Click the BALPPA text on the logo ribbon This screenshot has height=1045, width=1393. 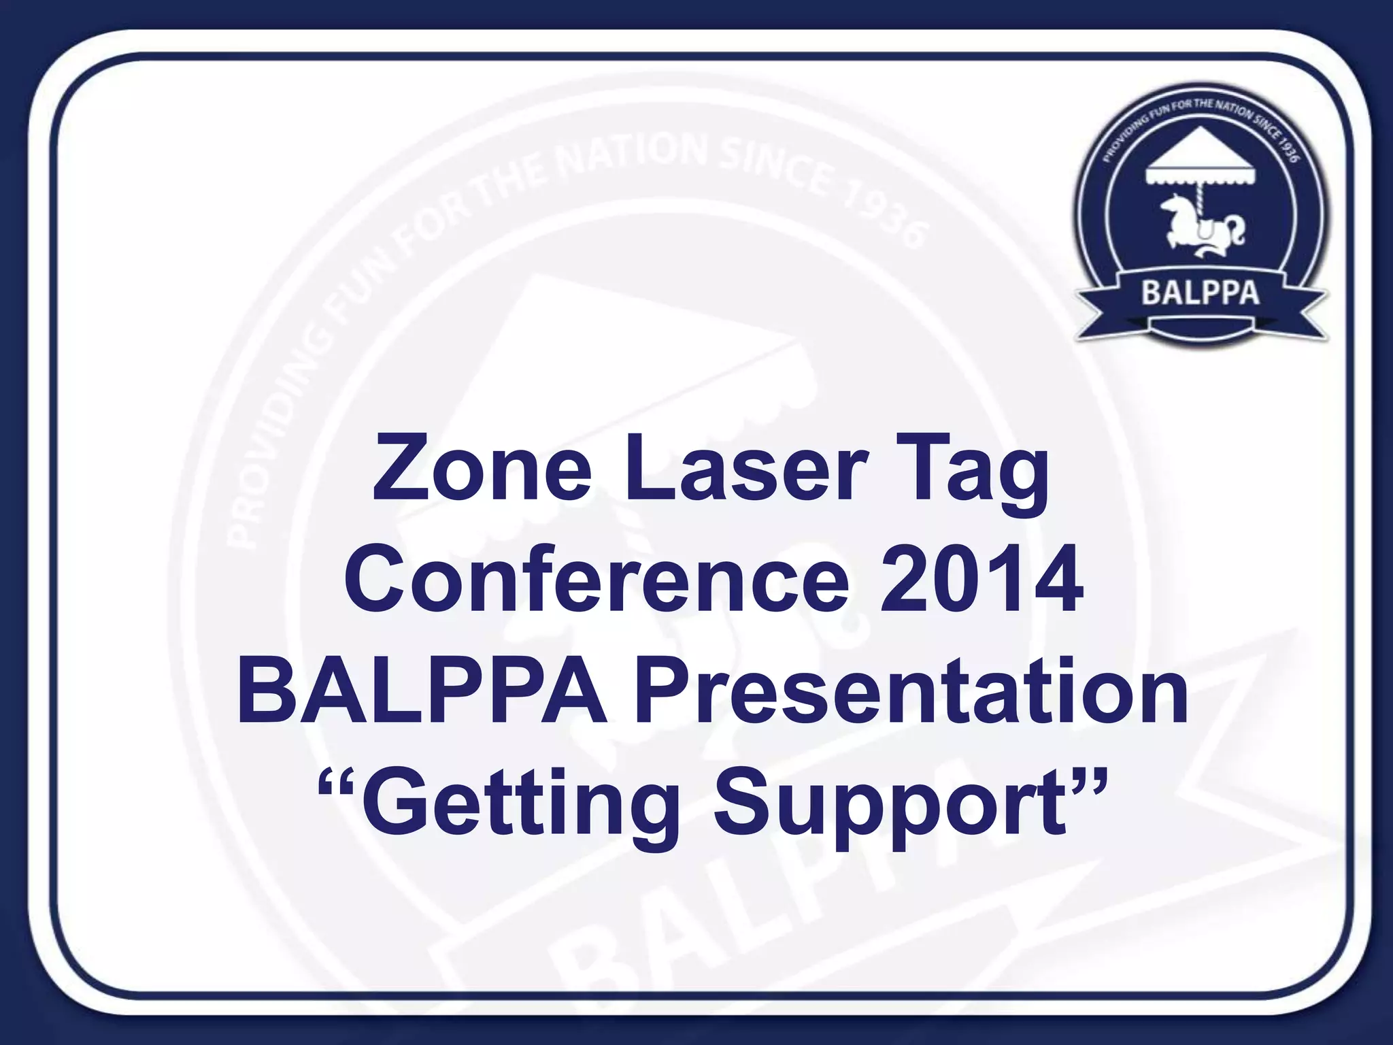1200,294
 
